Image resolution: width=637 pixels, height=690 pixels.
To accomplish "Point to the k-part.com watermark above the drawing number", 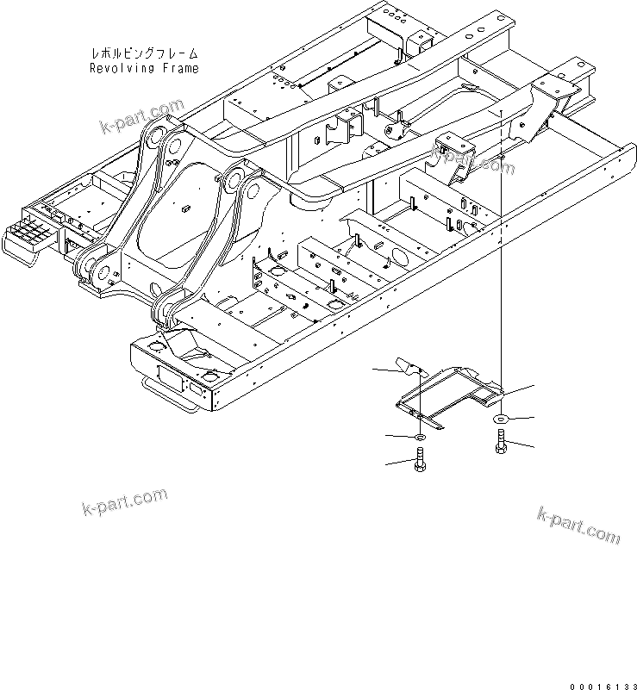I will click(x=577, y=524).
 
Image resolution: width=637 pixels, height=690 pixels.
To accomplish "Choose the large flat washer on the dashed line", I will click(x=501, y=419).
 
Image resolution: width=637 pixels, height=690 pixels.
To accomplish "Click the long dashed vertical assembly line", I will click(x=501, y=258).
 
